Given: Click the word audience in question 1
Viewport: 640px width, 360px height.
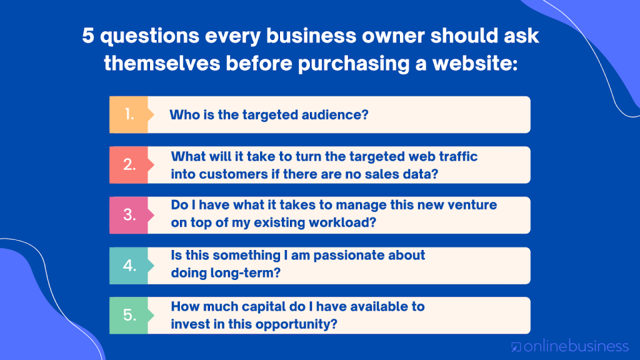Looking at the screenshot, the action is point(335,115).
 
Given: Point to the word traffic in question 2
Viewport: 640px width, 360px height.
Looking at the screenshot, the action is point(458,157).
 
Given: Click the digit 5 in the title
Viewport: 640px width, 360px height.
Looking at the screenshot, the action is point(88,36).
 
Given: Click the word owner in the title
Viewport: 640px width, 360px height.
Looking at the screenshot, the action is point(394,36).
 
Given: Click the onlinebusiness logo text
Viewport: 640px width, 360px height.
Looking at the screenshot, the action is point(576,346).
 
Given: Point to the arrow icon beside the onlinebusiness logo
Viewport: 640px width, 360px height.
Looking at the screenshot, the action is point(516,347).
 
